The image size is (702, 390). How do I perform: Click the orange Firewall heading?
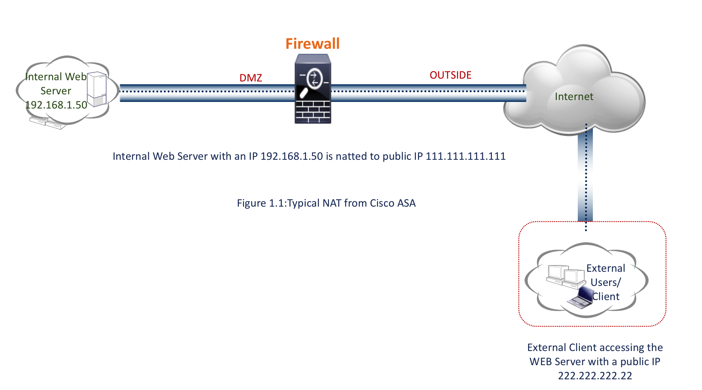tap(312, 44)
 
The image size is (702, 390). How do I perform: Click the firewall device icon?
tap(313, 89)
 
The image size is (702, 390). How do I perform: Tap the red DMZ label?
tap(251, 78)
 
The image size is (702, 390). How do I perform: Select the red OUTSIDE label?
tap(450, 75)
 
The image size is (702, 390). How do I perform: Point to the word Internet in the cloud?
tap(574, 97)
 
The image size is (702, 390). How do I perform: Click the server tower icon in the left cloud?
tap(97, 89)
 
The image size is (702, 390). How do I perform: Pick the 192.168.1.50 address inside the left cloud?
tap(56, 105)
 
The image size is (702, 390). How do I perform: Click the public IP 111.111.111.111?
tap(465, 156)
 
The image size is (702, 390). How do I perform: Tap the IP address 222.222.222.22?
tap(595, 376)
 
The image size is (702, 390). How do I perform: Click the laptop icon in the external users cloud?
tap(580, 298)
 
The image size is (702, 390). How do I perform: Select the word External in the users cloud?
tap(606, 268)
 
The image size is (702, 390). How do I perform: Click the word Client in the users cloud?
tap(606, 297)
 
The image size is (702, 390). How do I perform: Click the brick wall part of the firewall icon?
tap(313, 112)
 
